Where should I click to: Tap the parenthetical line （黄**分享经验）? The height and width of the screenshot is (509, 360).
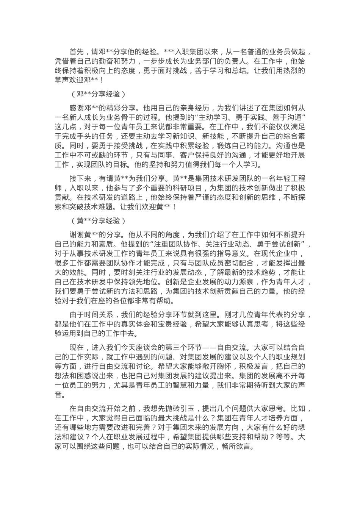tap(97, 220)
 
